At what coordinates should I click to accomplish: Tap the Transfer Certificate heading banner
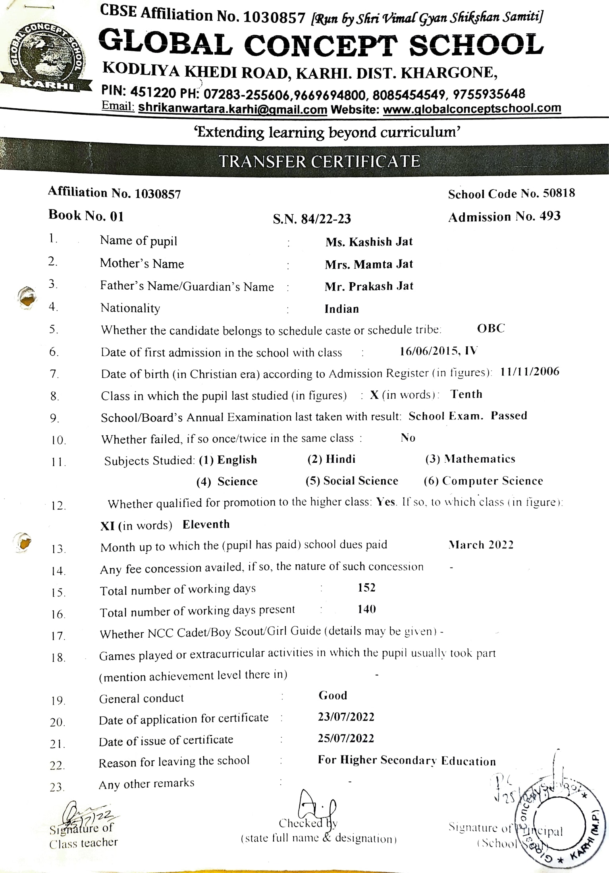point(320,162)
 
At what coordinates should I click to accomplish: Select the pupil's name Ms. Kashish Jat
point(369,242)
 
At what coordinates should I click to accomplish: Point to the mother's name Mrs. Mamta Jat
point(369,264)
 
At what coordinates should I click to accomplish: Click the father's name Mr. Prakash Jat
point(369,286)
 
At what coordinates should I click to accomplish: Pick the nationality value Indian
point(341,309)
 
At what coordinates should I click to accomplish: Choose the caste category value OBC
point(491,329)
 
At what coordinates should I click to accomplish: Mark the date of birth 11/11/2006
point(530,372)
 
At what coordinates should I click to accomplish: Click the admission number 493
point(550,216)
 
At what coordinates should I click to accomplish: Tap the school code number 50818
point(559,193)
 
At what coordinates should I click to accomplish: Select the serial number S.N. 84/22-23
point(312,219)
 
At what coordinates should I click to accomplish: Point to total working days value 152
point(366,588)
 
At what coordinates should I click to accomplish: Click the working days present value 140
point(366,609)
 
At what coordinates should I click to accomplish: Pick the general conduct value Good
point(333,695)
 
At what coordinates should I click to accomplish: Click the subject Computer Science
point(492,481)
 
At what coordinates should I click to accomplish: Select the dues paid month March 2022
point(481,545)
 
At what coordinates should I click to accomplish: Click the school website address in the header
point(472,108)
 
